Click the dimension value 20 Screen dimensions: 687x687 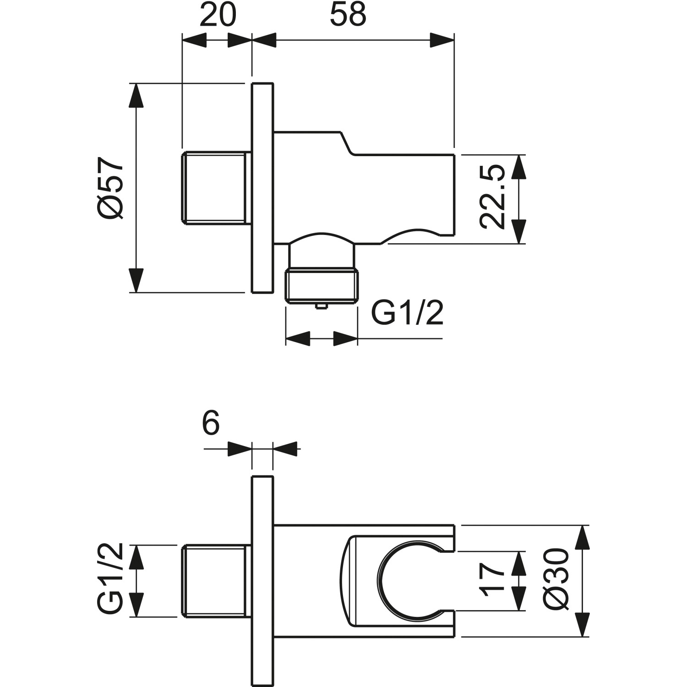pos(218,16)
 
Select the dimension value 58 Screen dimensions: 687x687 pos(348,16)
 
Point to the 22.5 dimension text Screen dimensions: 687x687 pos(493,197)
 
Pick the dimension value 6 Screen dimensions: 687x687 pos(211,424)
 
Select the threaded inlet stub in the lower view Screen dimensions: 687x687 pos(215,581)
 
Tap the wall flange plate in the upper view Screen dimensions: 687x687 pos(262,188)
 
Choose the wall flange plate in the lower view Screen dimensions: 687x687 pos(262,581)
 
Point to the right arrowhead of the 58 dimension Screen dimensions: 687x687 pos(442,40)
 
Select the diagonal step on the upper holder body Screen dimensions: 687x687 pos(347,143)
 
